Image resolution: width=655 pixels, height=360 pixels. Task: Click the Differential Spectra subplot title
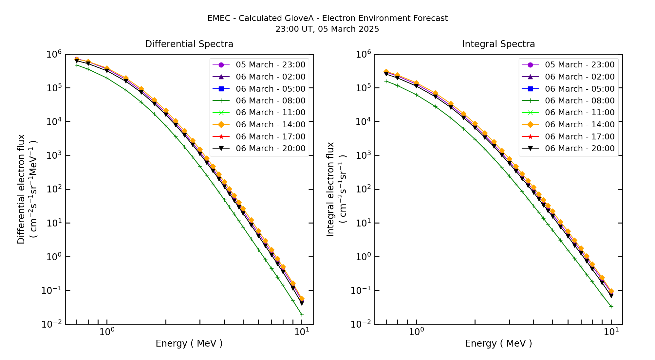tap(189, 44)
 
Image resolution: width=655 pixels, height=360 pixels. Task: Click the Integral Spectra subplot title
tap(498, 44)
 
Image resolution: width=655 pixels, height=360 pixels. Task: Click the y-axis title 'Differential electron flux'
tap(21, 189)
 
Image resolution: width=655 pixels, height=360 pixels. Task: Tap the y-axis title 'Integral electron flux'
tap(330, 189)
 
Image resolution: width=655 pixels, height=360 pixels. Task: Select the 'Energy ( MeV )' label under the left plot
tap(189, 343)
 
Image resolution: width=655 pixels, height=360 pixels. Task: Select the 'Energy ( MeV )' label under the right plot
tap(498, 343)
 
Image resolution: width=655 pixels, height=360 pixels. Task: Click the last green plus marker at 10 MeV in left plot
tap(302, 315)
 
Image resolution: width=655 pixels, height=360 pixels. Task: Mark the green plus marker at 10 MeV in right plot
tap(611, 306)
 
